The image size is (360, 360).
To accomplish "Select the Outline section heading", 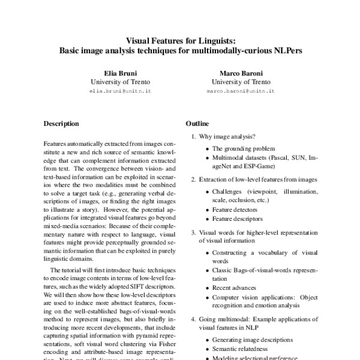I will (197, 124).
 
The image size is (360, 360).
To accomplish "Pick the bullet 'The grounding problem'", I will (244, 148).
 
